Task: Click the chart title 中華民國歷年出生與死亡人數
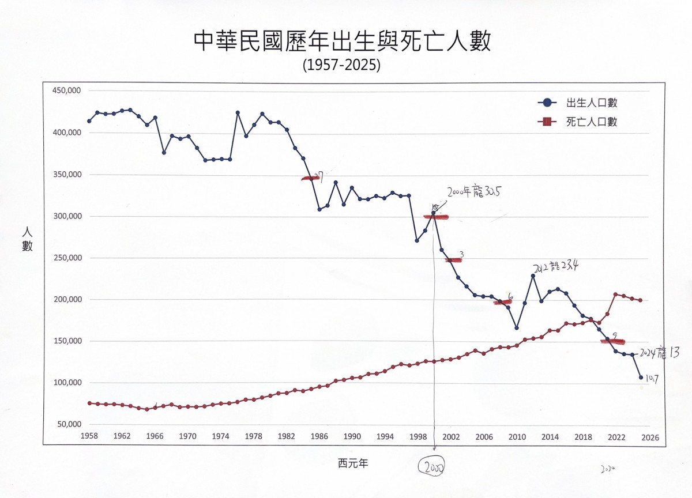click(x=342, y=41)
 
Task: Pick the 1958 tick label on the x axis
click(x=89, y=437)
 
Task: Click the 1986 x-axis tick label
click(x=319, y=437)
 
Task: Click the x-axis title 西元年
click(x=353, y=462)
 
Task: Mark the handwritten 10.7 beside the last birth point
click(x=652, y=379)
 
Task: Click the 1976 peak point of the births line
click(x=238, y=112)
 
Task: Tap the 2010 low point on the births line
click(x=517, y=328)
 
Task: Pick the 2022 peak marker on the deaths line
click(x=615, y=294)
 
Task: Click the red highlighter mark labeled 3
click(x=454, y=260)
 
